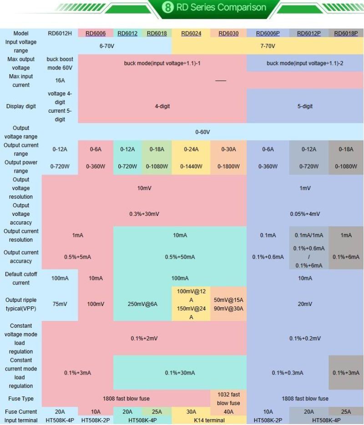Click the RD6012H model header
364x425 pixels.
[x=60, y=33]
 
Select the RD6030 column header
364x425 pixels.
[x=228, y=33]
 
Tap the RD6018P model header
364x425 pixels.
[x=346, y=33]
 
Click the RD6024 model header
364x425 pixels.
[x=191, y=33]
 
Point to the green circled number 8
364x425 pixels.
[x=167, y=8]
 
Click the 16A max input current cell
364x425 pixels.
[x=60, y=80]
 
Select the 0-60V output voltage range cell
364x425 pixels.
[x=202, y=132]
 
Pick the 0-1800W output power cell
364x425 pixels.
[x=228, y=166]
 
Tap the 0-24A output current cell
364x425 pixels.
[x=191, y=149]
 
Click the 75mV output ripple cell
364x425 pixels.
[x=60, y=304]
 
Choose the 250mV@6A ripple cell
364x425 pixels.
[x=142, y=304]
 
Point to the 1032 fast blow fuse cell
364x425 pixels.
[x=228, y=399]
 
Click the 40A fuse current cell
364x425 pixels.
[x=228, y=412]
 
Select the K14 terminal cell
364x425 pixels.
[x=209, y=420]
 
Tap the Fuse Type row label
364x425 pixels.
[x=21, y=399]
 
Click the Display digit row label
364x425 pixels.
[x=21, y=106]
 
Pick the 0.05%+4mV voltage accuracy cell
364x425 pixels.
[x=305, y=214]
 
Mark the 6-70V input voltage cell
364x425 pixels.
[x=106, y=46]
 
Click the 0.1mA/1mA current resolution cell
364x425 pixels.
[x=309, y=235]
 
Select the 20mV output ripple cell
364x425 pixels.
[x=305, y=304]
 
